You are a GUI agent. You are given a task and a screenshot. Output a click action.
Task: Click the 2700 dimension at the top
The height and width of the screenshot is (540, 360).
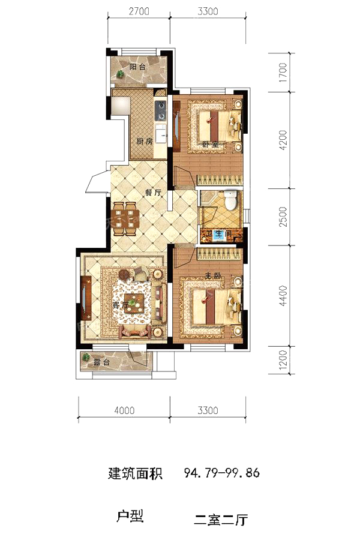(139, 11)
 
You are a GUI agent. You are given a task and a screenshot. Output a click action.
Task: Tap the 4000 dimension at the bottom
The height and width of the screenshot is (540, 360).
(124, 410)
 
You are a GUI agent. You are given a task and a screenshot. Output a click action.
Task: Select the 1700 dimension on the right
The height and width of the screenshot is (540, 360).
(283, 72)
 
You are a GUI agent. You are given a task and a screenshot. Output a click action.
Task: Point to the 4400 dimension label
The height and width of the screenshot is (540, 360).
(283, 296)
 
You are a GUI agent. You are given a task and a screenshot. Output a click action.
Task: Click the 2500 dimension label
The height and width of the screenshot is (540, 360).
(283, 217)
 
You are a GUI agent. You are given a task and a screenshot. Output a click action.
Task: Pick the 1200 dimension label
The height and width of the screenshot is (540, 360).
(283, 360)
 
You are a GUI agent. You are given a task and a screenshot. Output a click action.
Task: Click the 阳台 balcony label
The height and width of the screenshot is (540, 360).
(137, 67)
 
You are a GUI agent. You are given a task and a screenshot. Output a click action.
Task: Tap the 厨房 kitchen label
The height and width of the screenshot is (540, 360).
(145, 141)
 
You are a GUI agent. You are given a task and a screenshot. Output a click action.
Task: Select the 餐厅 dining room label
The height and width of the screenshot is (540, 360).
(154, 193)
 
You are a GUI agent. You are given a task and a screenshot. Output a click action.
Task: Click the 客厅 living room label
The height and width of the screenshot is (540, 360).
(121, 305)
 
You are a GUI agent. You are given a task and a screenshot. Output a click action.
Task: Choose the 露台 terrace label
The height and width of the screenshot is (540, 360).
(101, 362)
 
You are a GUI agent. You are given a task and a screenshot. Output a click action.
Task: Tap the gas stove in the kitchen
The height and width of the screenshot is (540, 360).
(161, 110)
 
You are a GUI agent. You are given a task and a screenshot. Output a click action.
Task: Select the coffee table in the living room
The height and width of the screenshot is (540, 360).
(134, 303)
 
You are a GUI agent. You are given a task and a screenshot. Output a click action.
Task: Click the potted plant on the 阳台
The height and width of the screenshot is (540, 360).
(120, 74)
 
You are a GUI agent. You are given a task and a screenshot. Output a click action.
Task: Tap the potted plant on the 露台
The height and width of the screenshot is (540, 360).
(86, 357)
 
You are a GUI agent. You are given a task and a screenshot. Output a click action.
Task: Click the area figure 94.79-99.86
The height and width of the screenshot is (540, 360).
(222, 473)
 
